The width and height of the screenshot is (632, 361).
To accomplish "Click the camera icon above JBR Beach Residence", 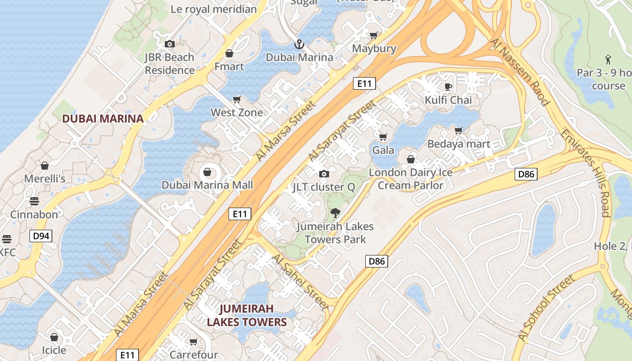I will [170, 44].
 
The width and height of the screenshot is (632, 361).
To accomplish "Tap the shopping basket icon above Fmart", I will [229, 53].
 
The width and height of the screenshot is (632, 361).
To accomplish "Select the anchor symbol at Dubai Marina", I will [298, 44].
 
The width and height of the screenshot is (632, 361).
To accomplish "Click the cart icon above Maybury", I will [374, 35].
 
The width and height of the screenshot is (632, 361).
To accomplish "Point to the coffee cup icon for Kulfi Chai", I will [448, 87].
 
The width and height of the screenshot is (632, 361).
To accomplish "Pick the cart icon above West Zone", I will [237, 99].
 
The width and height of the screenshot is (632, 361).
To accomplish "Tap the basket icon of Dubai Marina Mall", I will [207, 172].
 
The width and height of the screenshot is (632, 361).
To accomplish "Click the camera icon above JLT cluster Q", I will [324, 174].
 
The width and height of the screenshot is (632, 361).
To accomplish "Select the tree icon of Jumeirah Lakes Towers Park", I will [335, 213].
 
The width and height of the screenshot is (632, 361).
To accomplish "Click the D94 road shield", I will [41, 236].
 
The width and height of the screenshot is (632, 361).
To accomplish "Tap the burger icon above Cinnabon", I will [34, 201].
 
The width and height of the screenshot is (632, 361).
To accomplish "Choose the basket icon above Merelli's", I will [44, 166].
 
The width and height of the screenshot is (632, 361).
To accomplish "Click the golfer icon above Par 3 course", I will [608, 59].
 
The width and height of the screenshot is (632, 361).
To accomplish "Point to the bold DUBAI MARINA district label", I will [103, 119].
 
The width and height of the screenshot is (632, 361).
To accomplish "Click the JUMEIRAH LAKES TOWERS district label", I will [246, 315].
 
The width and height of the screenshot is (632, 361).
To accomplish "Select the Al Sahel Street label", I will [300, 282].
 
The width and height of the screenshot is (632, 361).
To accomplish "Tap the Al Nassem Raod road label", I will [520, 72].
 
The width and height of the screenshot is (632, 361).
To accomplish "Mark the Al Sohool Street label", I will [546, 307].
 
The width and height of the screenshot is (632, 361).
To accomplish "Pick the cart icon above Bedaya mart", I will [459, 131].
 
